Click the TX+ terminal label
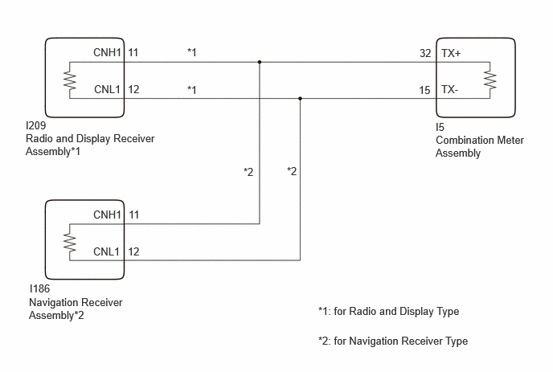pyautogui.click(x=451, y=53)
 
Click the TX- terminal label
pyautogui.click(x=449, y=89)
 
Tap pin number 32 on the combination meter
pyautogui.click(x=425, y=53)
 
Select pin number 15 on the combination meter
pyautogui.click(x=424, y=90)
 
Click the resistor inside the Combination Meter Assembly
pyautogui.click(x=490, y=80)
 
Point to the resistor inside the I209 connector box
pyautogui.click(x=70, y=80)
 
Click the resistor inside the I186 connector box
pyautogui.click(x=70, y=242)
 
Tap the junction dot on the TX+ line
pyautogui.click(x=260, y=62)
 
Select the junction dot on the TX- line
pyautogui.click(x=300, y=98)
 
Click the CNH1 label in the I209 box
pyautogui.click(x=107, y=52)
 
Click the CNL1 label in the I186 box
pyautogui.click(x=107, y=251)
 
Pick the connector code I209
pyautogui.click(x=36, y=125)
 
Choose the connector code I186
pyautogui.click(x=39, y=288)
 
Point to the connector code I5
pyautogui.click(x=440, y=127)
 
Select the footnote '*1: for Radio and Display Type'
pyautogui.click(x=389, y=312)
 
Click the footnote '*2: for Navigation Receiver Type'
pyautogui.click(x=393, y=341)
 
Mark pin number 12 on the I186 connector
pyautogui.click(x=133, y=251)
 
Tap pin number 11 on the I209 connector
pyautogui.click(x=133, y=52)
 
